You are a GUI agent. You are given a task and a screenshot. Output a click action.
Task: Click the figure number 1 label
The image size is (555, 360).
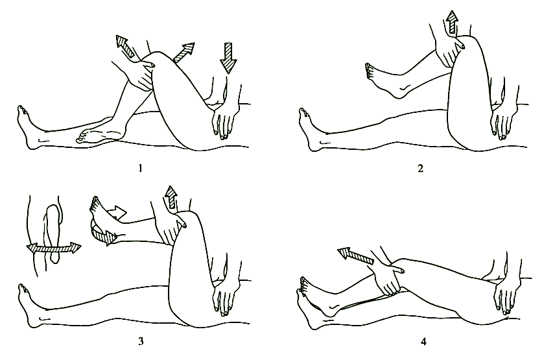[140, 168]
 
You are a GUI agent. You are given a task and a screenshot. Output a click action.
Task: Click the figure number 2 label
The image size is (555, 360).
[420, 168]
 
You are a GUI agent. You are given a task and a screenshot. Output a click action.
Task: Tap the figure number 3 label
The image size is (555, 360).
[141, 341]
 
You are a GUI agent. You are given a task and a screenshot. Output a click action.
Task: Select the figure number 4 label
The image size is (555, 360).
[423, 342]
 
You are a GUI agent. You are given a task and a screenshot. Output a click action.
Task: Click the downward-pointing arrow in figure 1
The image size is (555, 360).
[228, 58]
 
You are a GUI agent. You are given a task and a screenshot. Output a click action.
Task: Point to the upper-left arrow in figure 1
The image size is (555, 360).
[125, 46]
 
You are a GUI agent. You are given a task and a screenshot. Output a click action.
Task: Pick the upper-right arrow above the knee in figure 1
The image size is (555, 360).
[183, 52]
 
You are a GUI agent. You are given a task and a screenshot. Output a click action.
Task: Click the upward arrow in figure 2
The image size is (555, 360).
[452, 21]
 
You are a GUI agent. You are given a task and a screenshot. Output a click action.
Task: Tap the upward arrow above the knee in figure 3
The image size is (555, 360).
[171, 197]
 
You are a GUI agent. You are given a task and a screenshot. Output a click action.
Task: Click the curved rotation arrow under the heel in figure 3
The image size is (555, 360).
[103, 234]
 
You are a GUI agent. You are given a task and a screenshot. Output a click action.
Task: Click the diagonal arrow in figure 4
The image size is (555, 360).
[355, 256]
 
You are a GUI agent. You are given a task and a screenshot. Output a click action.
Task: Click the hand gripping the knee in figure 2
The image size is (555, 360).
[449, 51]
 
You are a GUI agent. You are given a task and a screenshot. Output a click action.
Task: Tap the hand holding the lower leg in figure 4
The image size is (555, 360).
[388, 280]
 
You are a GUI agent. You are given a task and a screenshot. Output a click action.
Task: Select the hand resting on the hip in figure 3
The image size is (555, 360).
[222, 297]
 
